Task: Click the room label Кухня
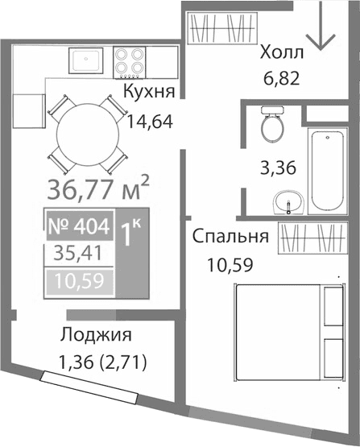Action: pyautogui.click(x=151, y=90)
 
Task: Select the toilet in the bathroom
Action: pyautogui.click(x=271, y=126)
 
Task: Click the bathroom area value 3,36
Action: pyautogui.click(x=276, y=169)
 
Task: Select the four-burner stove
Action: pyautogui.click(x=130, y=60)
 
